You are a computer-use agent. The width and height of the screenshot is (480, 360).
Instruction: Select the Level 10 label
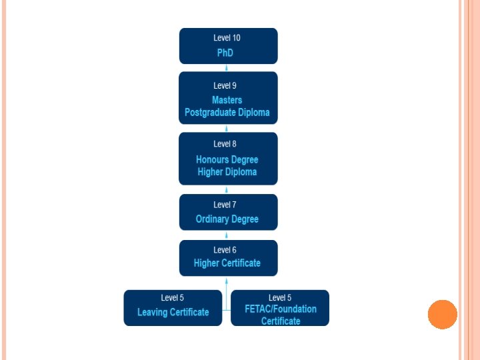click(227, 38)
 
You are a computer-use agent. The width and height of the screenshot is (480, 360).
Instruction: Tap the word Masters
click(227, 100)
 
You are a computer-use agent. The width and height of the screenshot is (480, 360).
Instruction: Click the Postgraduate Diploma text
click(227, 112)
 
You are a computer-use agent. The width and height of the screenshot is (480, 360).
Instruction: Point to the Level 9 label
click(225, 85)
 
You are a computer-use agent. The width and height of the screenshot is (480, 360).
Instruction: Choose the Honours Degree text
click(227, 159)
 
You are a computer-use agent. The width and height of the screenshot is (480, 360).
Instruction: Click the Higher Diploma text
click(227, 172)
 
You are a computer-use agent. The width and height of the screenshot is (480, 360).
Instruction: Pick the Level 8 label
click(225, 144)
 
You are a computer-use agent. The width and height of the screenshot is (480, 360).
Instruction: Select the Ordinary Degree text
click(227, 219)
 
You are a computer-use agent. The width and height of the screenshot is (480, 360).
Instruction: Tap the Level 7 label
click(225, 205)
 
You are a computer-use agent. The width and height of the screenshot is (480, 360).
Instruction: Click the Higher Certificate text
click(227, 263)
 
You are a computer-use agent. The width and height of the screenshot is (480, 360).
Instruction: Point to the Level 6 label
click(225, 250)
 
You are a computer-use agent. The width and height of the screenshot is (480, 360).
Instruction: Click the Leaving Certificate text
click(173, 312)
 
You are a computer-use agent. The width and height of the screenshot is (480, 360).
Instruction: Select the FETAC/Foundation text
click(281, 309)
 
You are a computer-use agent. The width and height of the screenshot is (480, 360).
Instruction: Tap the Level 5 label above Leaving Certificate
click(172, 297)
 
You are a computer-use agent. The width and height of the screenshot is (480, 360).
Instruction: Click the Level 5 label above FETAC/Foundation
click(280, 297)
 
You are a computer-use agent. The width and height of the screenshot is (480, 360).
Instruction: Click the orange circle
click(442, 314)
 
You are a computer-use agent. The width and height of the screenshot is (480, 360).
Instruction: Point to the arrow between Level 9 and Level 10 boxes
click(228, 67)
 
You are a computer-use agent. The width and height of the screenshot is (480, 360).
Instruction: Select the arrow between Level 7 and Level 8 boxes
click(228, 189)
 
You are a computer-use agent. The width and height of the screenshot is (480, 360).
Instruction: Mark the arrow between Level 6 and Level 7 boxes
click(228, 235)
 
